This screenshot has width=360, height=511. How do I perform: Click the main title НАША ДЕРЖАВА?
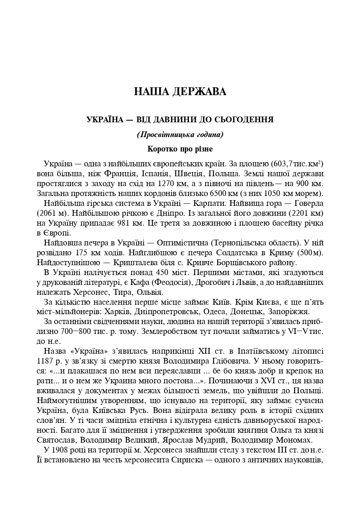(180, 91)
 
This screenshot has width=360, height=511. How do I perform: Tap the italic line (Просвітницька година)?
(180, 135)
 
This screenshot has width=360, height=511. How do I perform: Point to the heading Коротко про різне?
(180, 148)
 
